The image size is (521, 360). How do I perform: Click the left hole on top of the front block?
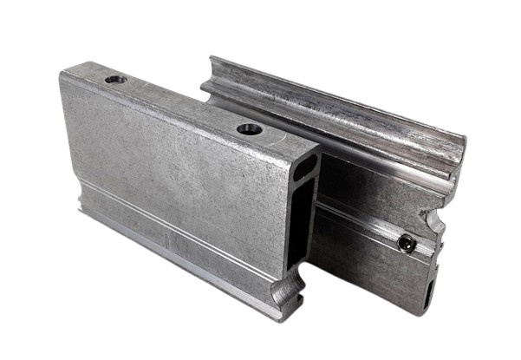(x=115, y=80)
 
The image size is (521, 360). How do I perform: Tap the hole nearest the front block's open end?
(x=250, y=128)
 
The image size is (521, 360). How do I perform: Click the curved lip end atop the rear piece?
(x=453, y=169)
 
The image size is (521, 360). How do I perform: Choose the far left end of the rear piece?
(x=208, y=74)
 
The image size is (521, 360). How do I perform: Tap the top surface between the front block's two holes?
(x=182, y=104)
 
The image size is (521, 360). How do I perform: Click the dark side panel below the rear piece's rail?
(x=364, y=269)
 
